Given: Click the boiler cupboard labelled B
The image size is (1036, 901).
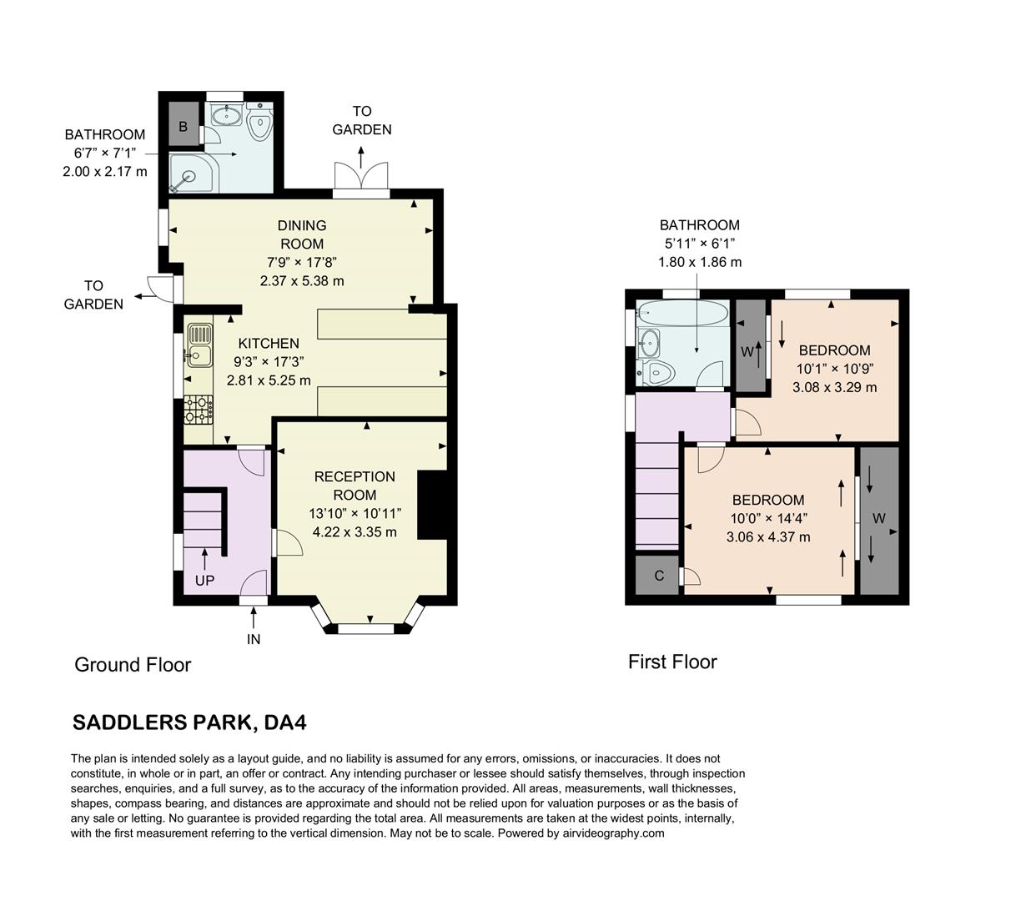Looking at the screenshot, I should (x=183, y=126).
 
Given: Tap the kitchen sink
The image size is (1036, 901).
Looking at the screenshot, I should (x=199, y=345).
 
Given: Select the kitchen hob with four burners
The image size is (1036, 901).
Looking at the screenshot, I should (x=199, y=408).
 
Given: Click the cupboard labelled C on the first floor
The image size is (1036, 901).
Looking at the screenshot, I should (x=658, y=576).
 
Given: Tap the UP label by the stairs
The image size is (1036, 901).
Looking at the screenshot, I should (x=204, y=580).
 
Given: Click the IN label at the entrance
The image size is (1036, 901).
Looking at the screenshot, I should (x=254, y=639).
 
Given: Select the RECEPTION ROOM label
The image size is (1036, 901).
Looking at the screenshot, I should (x=355, y=486).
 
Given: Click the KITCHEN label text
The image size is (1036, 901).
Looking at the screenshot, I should (x=269, y=343).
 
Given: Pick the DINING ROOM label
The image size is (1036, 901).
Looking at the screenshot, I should (x=302, y=234).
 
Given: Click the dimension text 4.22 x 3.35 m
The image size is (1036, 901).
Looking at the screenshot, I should (x=355, y=531).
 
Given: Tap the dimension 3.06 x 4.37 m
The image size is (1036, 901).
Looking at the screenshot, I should (x=767, y=536).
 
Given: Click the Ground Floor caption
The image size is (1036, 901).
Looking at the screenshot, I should (x=133, y=665).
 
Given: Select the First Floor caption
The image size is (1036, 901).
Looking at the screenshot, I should (x=672, y=662).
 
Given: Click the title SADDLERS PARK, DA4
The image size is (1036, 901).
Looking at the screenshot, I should (x=189, y=722).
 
